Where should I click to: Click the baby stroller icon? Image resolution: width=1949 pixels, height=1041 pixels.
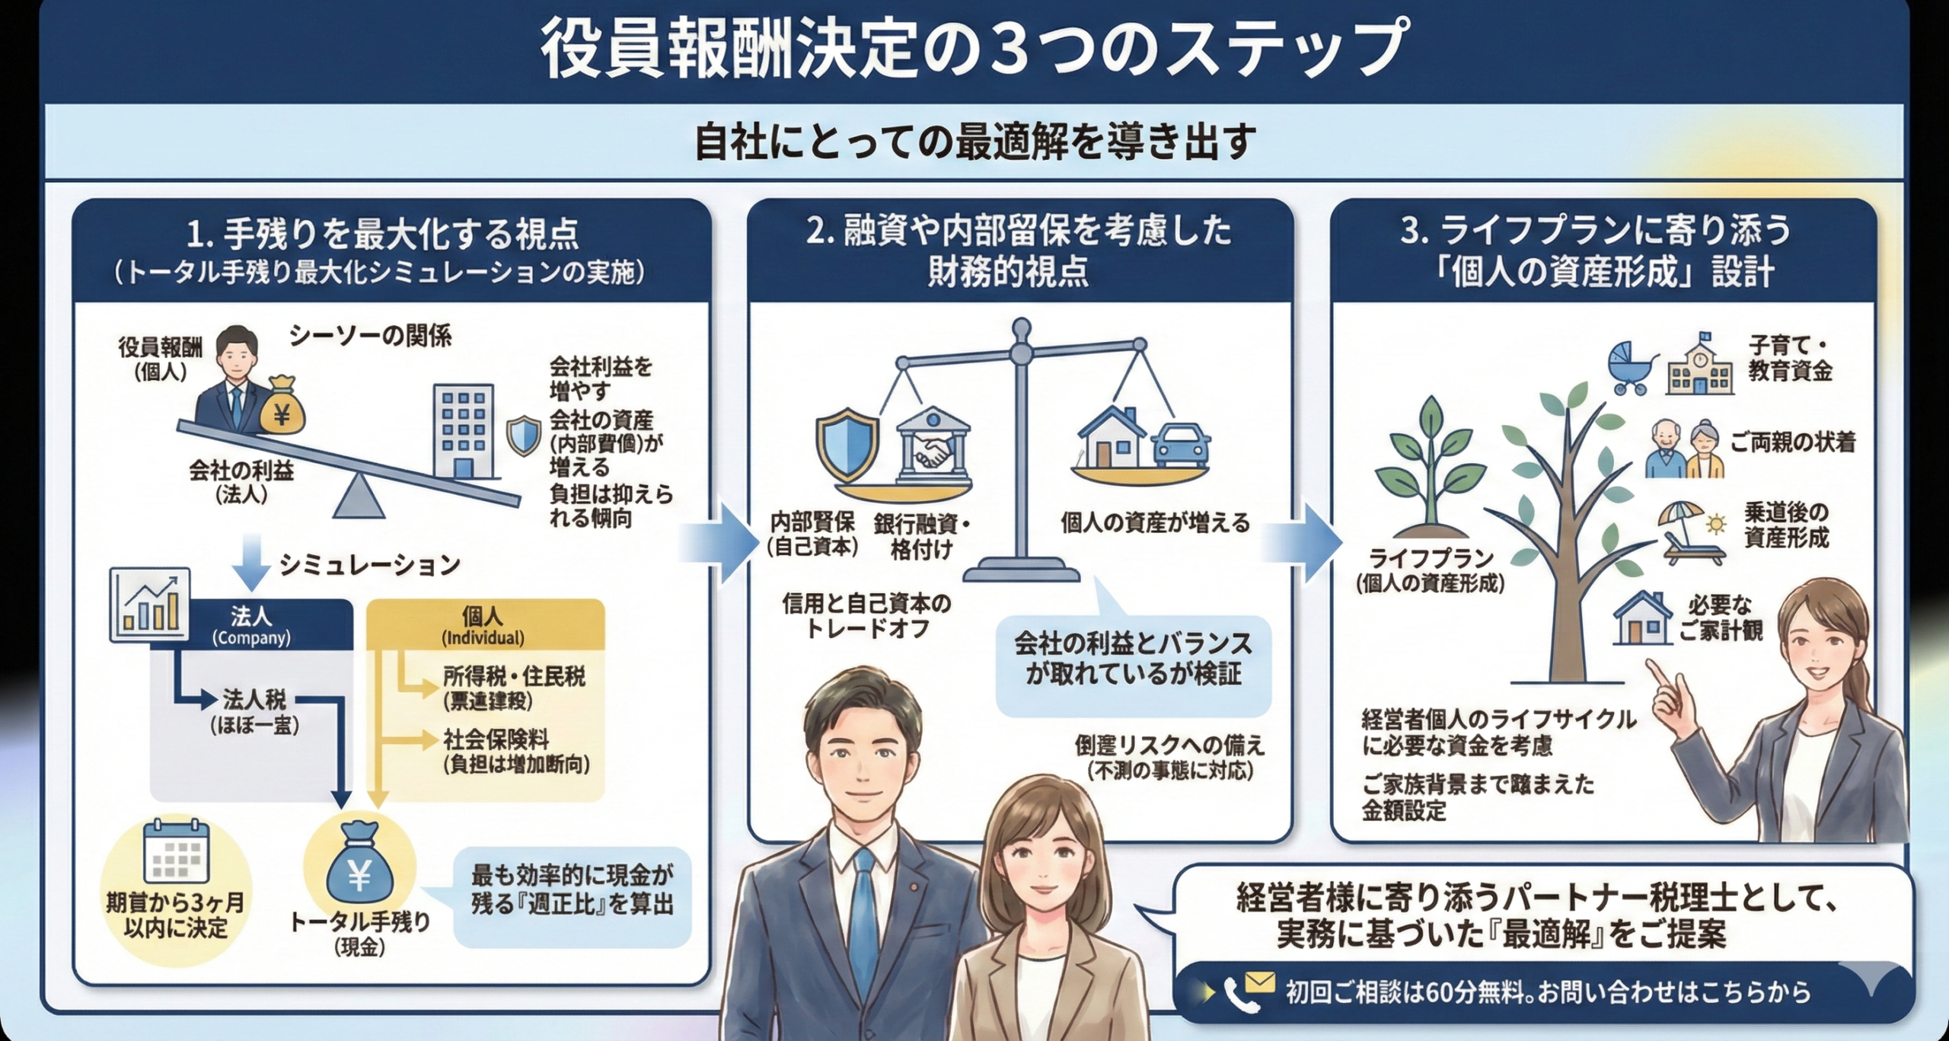pyautogui.click(x=1632, y=367)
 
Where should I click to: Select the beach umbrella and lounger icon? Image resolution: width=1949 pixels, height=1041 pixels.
pyautogui.click(x=1692, y=532)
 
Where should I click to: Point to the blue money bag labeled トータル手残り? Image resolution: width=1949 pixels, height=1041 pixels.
pyautogui.click(x=359, y=868)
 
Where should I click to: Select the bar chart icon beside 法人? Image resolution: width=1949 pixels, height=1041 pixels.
pyautogui.click(x=150, y=603)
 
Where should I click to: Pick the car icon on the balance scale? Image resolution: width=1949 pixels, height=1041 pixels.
pyautogui.click(x=1181, y=445)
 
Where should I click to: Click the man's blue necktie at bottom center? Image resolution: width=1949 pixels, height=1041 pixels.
pyautogui.click(x=863, y=937)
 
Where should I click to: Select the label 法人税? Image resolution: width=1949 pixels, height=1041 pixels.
pyautogui.click(x=254, y=698)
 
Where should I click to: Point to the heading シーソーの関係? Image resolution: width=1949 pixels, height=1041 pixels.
pyautogui.click(x=370, y=335)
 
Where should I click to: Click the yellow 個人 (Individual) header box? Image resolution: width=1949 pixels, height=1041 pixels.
pyautogui.click(x=485, y=625)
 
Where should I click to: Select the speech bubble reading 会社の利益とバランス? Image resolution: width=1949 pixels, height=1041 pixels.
pyautogui.click(x=1133, y=659)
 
